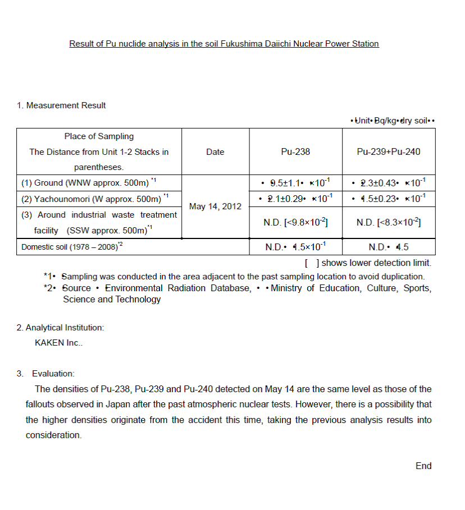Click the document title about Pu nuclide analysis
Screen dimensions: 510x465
click(x=224, y=44)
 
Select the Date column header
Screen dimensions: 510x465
click(x=215, y=151)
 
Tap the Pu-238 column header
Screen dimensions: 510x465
click(x=295, y=151)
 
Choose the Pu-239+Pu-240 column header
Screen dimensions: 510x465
click(x=389, y=151)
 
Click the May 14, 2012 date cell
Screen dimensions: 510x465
click(x=215, y=206)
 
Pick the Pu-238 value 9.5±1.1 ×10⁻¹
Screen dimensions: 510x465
click(x=295, y=183)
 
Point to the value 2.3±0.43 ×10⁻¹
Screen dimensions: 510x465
click(x=389, y=183)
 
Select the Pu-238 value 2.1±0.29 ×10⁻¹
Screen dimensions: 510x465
click(x=295, y=199)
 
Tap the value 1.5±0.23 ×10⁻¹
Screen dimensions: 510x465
click(x=389, y=199)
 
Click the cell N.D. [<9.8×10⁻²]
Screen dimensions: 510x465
click(x=295, y=223)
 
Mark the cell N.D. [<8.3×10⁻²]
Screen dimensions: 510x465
click(x=389, y=223)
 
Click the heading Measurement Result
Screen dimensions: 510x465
click(x=61, y=105)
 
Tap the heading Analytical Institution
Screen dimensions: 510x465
click(x=60, y=328)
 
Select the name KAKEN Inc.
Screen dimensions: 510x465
click(x=58, y=343)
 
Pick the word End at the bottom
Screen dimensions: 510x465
click(x=423, y=466)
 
